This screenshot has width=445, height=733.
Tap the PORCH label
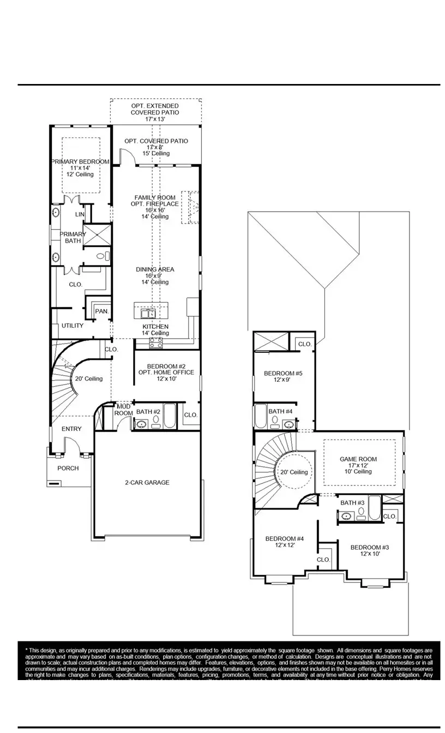coord(68,468)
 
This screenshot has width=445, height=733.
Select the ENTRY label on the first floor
coord(71,429)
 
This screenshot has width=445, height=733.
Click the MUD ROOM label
coord(123,410)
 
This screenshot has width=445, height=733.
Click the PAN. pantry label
coord(101,311)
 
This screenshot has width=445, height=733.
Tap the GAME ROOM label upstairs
coord(358,459)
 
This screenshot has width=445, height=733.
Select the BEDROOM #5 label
coord(282,374)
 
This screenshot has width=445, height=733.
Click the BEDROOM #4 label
coord(284,539)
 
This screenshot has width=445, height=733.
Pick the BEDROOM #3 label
coord(369,548)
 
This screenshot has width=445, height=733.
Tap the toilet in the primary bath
coord(103,256)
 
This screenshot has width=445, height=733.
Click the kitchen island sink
coord(148,314)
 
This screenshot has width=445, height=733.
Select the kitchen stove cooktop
coord(155,342)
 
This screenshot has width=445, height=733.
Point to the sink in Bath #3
coord(346,515)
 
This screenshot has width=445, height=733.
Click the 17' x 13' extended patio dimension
coord(155,119)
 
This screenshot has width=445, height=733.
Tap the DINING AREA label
coord(155,269)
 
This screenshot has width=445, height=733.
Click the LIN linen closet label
coord(80,215)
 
